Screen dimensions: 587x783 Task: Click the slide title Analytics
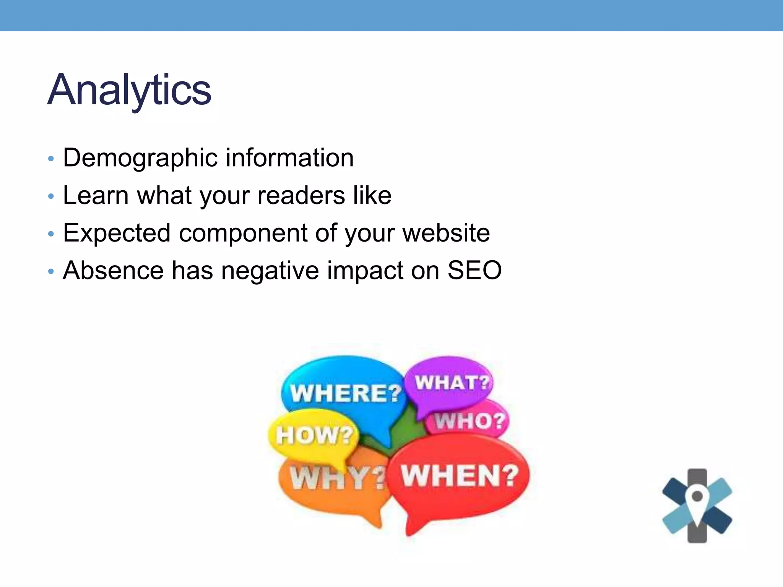(x=129, y=90)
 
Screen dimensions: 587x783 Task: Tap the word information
(x=289, y=157)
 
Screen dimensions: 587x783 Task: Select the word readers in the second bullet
(x=301, y=196)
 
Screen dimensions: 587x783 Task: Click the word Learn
(x=96, y=196)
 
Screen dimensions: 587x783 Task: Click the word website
(x=446, y=233)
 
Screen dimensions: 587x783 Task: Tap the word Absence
(x=113, y=271)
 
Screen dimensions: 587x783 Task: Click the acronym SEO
(x=474, y=271)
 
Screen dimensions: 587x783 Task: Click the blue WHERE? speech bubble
(x=344, y=390)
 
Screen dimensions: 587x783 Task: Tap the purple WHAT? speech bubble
(x=451, y=382)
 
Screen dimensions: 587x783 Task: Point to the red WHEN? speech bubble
(x=459, y=478)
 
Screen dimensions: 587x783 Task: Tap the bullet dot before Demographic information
(x=51, y=159)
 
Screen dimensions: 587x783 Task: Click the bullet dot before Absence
(x=51, y=272)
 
